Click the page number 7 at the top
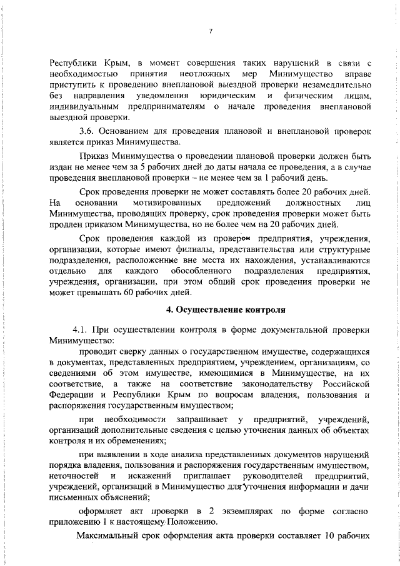tap(210, 31)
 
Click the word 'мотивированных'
tap(167, 203)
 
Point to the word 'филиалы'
tap(181, 250)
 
